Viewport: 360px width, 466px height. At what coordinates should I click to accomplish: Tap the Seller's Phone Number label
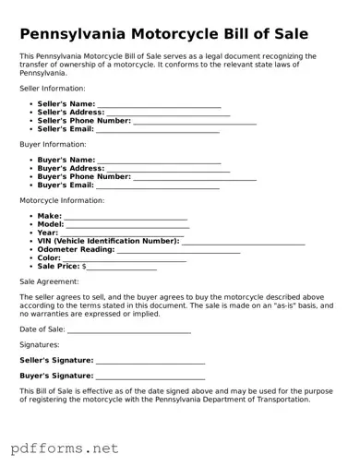pos(84,121)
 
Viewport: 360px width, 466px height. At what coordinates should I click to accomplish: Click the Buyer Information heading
pos(53,145)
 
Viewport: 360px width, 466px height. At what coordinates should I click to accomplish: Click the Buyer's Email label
pos(66,185)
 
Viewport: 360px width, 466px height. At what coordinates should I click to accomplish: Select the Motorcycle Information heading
pos(62,200)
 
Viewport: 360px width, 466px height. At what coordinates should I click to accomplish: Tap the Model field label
pos(51,224)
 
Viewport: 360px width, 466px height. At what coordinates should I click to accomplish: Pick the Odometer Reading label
pos(76,249)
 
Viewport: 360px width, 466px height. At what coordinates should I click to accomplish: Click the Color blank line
pos(125,258)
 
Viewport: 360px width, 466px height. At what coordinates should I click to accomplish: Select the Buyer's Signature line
pos(150,376)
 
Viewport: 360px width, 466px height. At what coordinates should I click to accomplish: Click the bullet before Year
pos(31,233)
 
